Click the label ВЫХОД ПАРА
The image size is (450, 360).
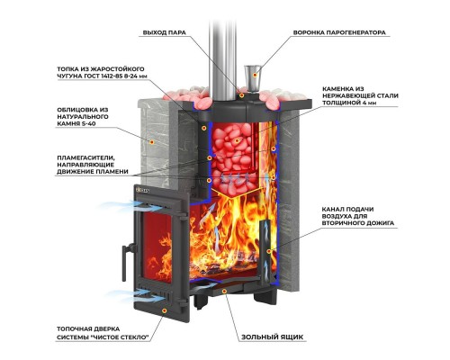164,32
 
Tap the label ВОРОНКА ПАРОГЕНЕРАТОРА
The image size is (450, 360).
339,32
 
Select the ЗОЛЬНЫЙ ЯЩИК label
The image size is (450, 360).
273,337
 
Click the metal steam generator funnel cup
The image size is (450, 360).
253,77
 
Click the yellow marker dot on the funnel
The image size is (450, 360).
255,75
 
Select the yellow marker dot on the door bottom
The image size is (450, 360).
164,310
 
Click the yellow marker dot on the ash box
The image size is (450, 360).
224,291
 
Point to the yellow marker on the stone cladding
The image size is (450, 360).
152,141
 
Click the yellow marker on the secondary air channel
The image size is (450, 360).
269,251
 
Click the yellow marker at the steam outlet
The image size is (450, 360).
241,95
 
